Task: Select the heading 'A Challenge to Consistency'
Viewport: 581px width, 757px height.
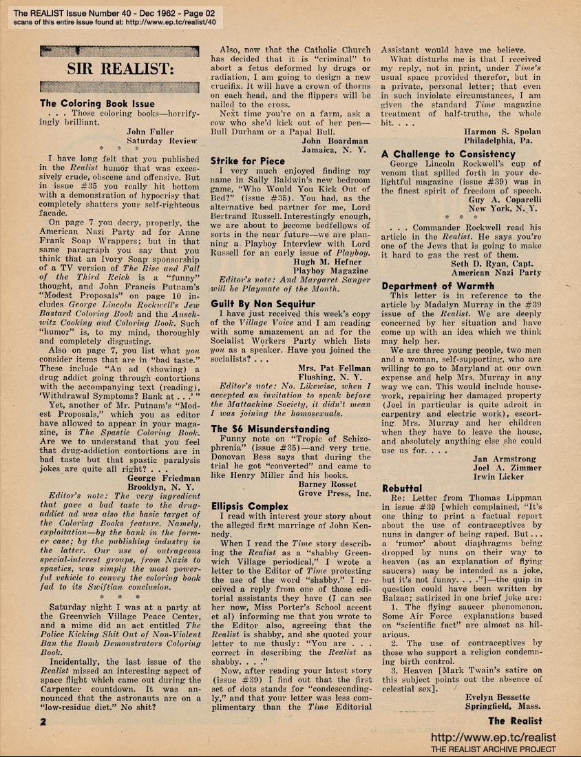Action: point(448,154)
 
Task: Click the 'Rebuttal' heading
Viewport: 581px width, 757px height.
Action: point(402,488)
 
